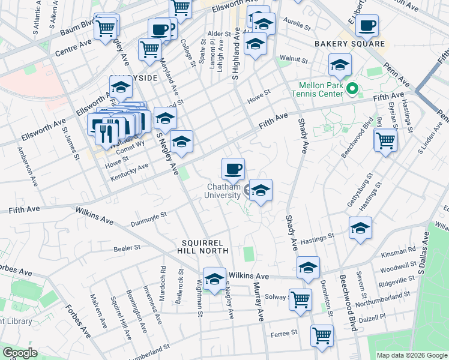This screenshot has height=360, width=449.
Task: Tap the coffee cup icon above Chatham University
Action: pos(233,169)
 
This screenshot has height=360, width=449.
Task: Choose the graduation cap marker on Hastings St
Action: pos(360,228)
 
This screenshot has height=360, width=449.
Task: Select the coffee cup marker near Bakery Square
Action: pos(367,26)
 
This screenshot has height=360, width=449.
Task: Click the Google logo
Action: pos(19,353)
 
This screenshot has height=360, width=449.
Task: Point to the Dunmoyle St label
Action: pos(147,219)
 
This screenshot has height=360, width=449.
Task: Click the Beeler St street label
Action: pos(127,247)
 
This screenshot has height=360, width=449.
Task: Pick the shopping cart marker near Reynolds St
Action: pos(385,140)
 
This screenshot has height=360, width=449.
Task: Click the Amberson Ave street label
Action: pos(28,162)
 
